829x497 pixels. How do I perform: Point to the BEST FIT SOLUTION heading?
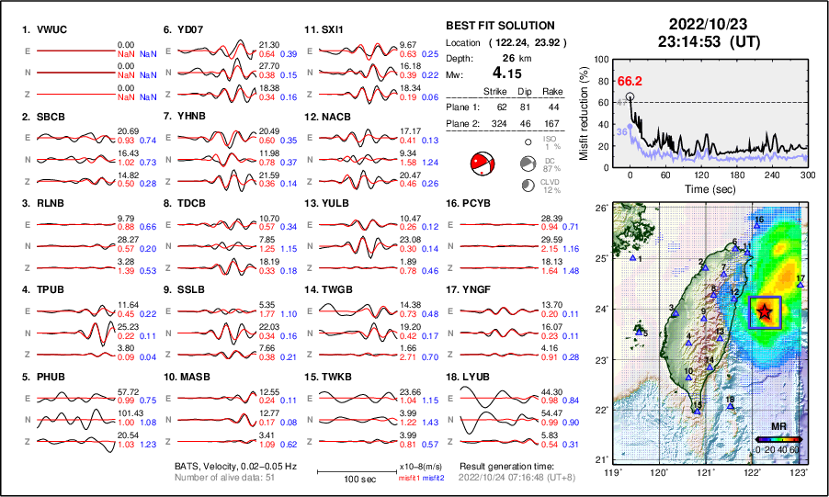[499, 26]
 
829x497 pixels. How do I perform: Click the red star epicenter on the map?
[765, 311]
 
